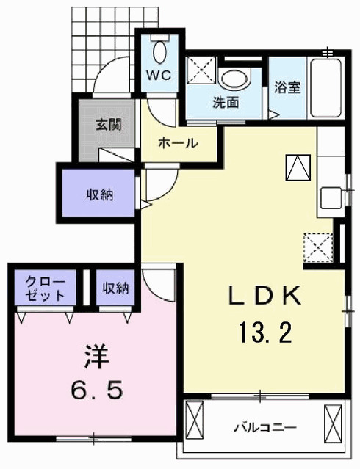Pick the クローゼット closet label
coord(45,288)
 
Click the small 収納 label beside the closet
coord(115,287)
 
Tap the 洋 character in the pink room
coord(96,358)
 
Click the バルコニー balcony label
coord(265,426)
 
